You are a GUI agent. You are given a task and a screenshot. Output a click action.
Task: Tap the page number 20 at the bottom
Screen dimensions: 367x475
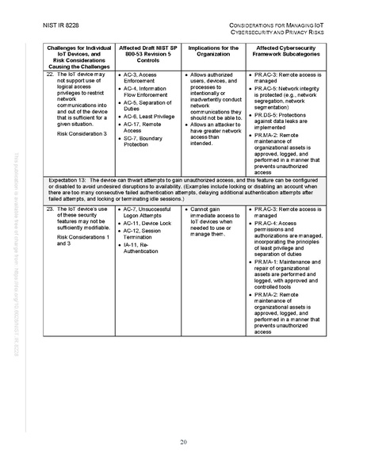point(183,441)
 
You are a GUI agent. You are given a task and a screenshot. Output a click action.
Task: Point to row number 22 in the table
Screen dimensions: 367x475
point(50,74)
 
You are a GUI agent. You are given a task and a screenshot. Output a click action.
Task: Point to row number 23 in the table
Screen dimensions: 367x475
point(50,209)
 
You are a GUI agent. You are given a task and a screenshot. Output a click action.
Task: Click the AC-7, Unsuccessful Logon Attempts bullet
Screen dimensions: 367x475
point(146,212)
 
